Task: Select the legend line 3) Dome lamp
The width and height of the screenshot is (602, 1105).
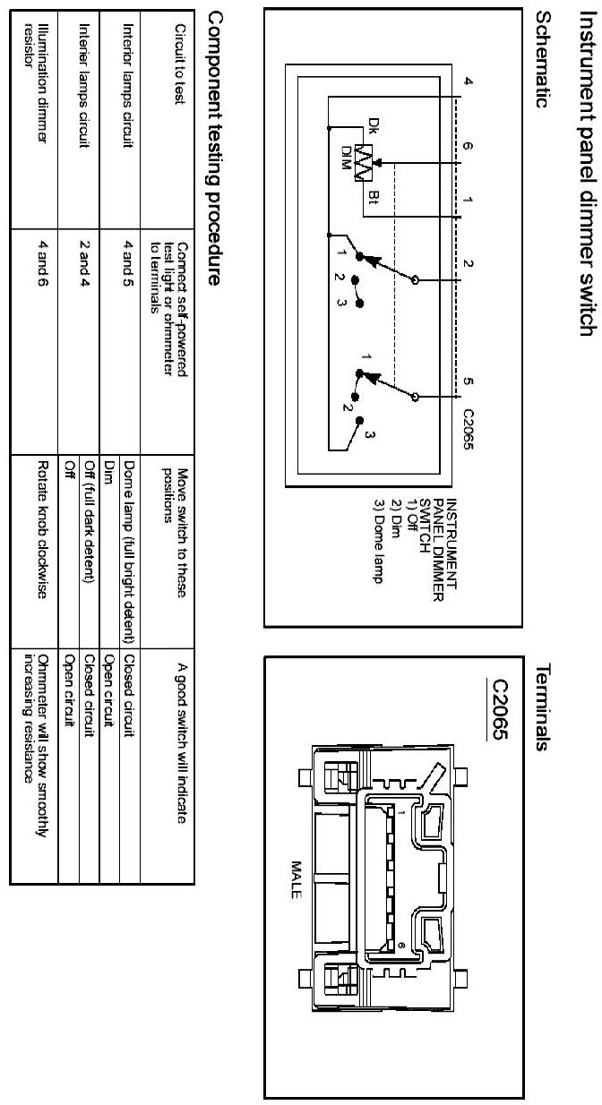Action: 377,547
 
